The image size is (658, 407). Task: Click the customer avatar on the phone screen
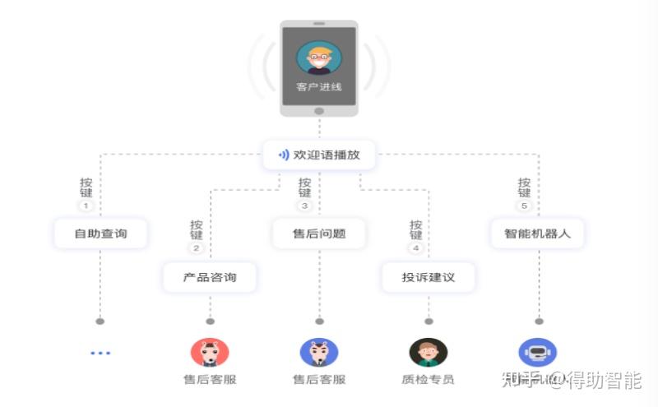(319, 58)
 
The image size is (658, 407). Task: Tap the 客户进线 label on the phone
(319, 86)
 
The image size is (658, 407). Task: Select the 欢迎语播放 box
(319, 154)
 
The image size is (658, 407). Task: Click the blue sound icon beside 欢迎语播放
(284, 155)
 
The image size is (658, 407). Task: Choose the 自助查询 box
(100, 234)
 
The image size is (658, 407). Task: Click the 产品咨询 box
(210, 277)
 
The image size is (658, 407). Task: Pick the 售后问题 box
(319, 234)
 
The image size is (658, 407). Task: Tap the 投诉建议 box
(429, 277)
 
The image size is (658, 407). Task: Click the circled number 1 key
(86, 206)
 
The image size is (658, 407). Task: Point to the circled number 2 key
(196, 248)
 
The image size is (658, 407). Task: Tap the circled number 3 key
(305, 206)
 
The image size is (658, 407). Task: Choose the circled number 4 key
(415, 248)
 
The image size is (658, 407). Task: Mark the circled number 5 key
(524, 206)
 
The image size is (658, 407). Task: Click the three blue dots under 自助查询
(100, 353)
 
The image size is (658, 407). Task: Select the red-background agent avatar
(210, 352)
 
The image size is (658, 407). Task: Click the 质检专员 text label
(429, 380)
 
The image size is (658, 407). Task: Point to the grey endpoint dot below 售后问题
(319, 321)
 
